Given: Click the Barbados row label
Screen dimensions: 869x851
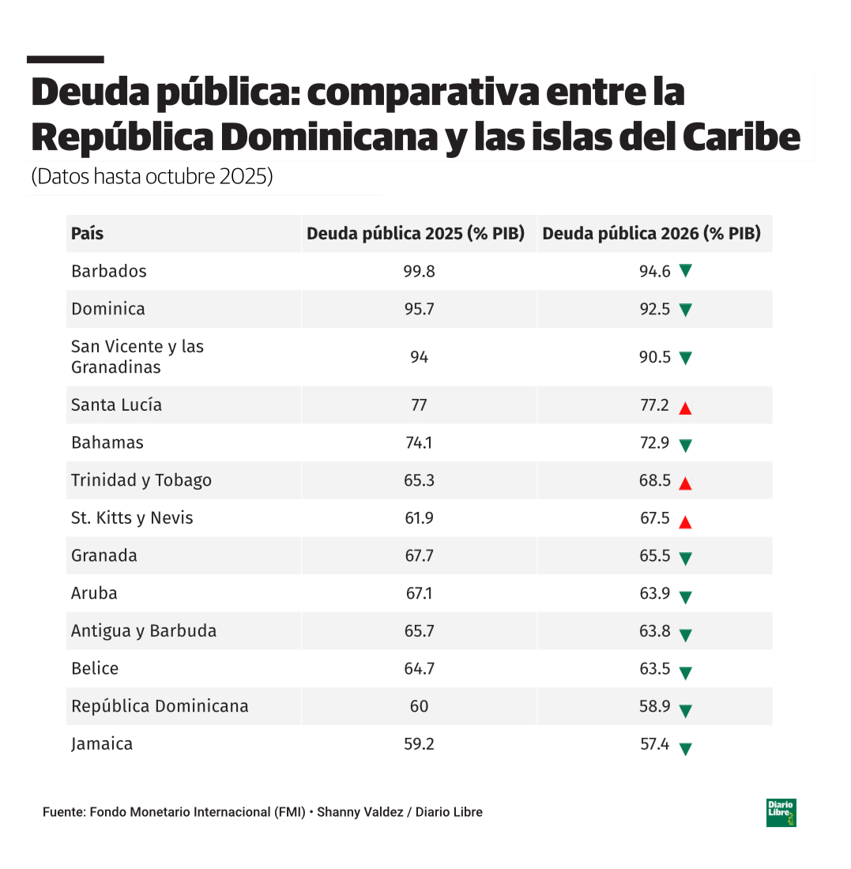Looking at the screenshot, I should pyautogui.click(x=109, y=271).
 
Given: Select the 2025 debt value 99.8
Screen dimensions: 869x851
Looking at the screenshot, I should pyautogui.click(x=419, y=271).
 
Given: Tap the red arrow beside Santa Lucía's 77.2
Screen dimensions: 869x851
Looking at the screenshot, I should pyautogui.click(x=685, y=408).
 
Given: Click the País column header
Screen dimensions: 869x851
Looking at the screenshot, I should pyautogui.click(x=88, y=234).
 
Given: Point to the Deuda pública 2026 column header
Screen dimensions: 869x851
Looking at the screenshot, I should pyautogui.click(x=652, y=234).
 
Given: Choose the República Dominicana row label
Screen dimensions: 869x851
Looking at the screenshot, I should pyautogui.click(x=160, y=706).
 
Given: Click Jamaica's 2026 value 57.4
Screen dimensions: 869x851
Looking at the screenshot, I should pyautogui.click(x=655, y=744).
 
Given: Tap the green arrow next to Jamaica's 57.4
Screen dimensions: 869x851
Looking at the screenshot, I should pyautogui.click(x=685, y=748).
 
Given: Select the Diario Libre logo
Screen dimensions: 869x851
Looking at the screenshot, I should pyautogui.click(x=781, y=813).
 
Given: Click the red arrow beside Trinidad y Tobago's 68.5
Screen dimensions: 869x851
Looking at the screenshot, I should pyautogui.click(x=685, y=483).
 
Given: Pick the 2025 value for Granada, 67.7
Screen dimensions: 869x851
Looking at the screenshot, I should pyautogui.click(x=419, y=555).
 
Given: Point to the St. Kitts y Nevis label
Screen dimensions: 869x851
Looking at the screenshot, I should pyautogui.click(x=132, y=518).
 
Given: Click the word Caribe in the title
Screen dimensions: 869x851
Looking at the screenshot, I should pyautogui.click(x=742, y=137).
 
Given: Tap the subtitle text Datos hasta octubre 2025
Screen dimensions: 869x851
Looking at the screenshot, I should pyautogui.click(x=152, y=176).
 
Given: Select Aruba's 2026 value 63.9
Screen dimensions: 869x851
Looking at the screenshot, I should pyautogui.click(x=655, y=593).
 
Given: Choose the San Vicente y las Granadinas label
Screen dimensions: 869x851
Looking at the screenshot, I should pyautogui.click(x=137, y=357).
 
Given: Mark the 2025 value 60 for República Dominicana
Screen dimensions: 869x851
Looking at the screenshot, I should pyautogui.click(x=419, y=706).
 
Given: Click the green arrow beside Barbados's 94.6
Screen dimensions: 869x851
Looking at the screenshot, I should pyautogui.click(x=685, y=271).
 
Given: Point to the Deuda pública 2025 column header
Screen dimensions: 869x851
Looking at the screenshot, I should pyautogui.click(x=416, y=234).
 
